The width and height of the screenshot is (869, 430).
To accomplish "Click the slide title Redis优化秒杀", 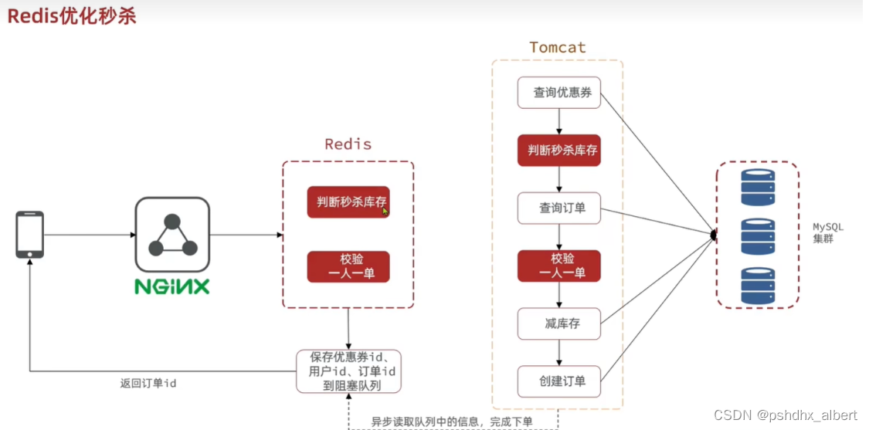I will tap(72, 16).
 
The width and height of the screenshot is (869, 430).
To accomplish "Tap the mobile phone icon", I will tap(30, 235).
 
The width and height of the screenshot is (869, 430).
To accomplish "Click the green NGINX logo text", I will tap(172, 286).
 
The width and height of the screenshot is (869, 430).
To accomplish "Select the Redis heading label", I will tap(348, 144).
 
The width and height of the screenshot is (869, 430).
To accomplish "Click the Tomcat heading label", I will tap(557, 47).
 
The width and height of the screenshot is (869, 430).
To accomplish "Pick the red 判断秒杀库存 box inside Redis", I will tap(348, 202).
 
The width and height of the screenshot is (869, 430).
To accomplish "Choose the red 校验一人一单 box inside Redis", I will tap(348, 266).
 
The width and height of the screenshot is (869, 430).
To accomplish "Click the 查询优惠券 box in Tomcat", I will tap(558, 93).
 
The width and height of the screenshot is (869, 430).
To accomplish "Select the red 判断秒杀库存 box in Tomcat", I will tap(558, 151).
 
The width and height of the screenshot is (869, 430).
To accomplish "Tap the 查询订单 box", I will tap(558, 208).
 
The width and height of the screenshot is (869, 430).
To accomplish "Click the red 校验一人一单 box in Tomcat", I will tap(558, 266).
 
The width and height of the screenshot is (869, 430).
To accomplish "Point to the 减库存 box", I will tap(558, 323).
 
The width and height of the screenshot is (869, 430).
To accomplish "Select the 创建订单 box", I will tap(558, 381).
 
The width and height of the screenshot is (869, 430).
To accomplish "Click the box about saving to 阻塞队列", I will tap(348, 371).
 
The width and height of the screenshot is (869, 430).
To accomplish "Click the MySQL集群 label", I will tap(827, 233).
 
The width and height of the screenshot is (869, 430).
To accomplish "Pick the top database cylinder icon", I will tap(757, 187).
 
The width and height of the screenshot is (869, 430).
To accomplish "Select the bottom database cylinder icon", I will tap(757, 285).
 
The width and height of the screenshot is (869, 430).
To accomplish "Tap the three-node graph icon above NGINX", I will tap(172, 235).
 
